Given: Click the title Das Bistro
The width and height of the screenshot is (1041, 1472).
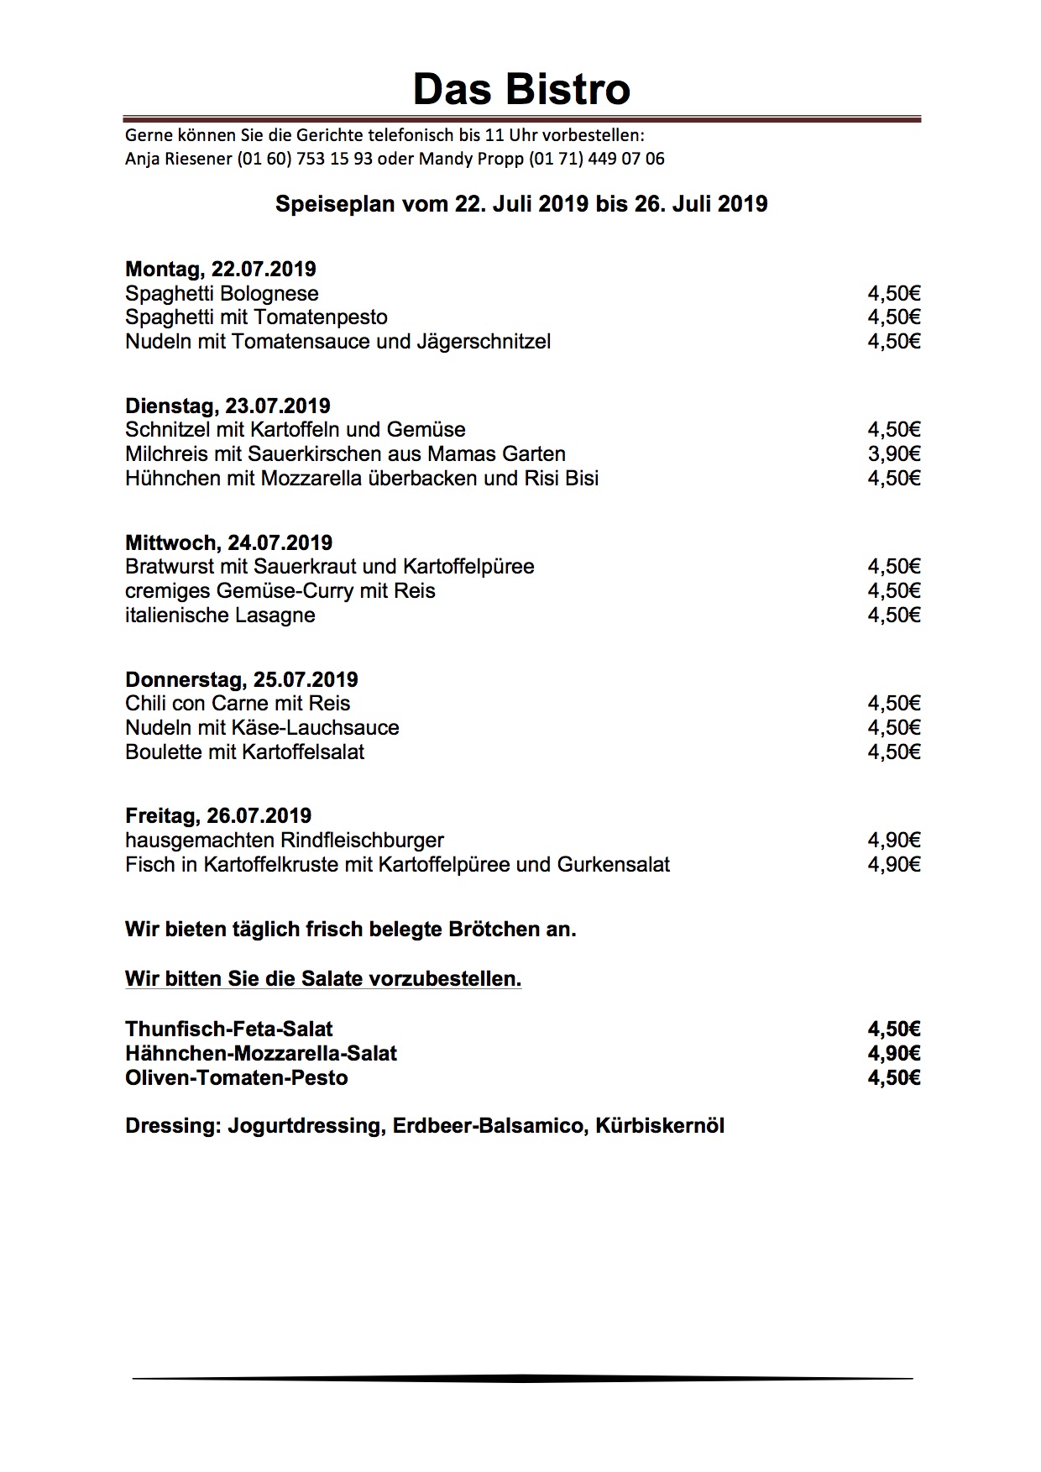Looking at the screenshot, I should pyautogui.click(x=521, y=89).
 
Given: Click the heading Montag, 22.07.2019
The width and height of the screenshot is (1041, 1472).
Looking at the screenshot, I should pyautogui.click(x=221, y=270).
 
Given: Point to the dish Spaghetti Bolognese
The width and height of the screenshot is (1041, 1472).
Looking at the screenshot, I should pyautogui.click(x=222, y=294).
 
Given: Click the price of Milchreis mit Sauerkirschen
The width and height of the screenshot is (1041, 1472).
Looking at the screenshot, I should pyautogui.click(x=894, y=454).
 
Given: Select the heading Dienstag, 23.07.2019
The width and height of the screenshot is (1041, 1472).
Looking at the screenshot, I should pyautogui.click(x=228, y=406).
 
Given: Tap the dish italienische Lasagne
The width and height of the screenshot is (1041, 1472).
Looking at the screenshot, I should pyautogui.click(x=220, y=616).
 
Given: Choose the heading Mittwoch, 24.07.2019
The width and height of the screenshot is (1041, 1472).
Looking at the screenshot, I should pyautogui.click(x=228, y=543).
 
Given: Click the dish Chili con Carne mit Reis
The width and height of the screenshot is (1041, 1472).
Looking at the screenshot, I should pyautogui.click(x=238, y=704).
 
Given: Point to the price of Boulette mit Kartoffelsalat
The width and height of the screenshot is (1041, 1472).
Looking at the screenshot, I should pyautogui.click(x=894, y=752).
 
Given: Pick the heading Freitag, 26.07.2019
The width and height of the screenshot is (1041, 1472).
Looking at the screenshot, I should pyautogui.click(x=218, y=816).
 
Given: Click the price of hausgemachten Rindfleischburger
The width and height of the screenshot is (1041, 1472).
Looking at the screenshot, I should pyautogui.click(x=894, y=841).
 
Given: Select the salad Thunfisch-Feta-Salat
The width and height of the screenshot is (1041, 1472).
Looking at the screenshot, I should pyautogui.click(x=229, y=1029).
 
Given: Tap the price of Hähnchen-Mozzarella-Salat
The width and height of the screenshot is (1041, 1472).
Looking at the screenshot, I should pyautogui.click(x=894, y=1054).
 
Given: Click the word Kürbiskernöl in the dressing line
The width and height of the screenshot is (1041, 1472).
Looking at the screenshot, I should pyautogui.click(x=660, y=1126).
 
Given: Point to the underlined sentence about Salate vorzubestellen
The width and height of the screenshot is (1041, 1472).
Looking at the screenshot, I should pyautogui.click(x=323, y=979).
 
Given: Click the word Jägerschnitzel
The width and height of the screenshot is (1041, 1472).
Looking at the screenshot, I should pyautogui.click(x=484, y=342).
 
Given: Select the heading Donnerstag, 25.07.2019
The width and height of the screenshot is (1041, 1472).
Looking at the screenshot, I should pyautogui.click(x=242, y=680).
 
